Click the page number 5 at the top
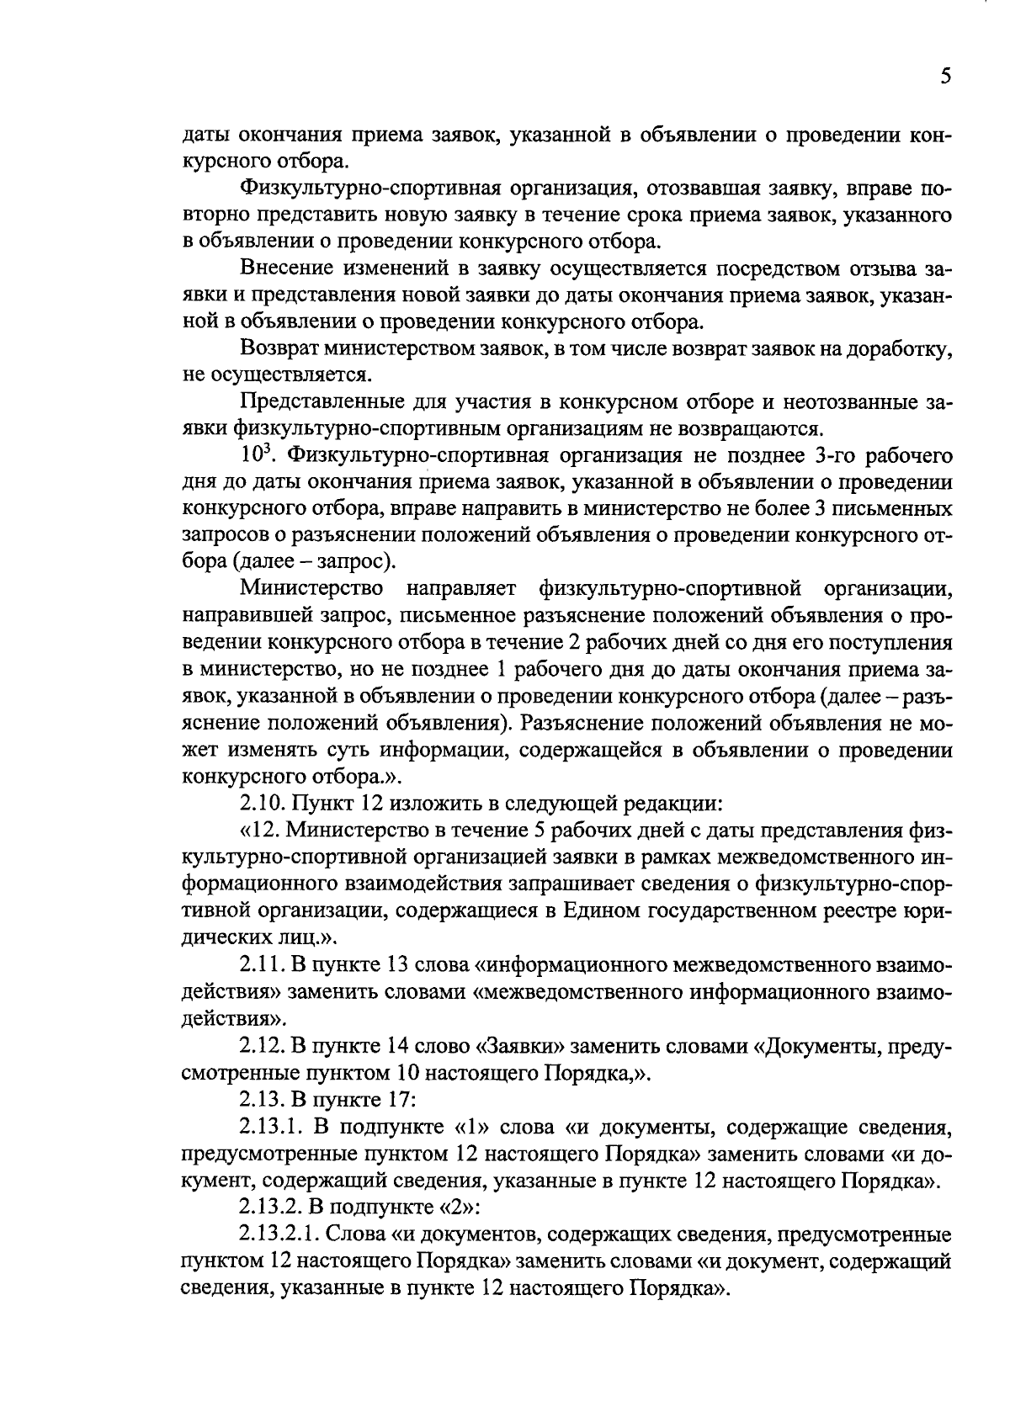[945, 77]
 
